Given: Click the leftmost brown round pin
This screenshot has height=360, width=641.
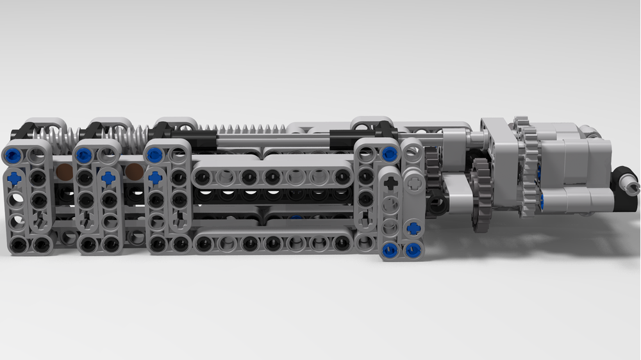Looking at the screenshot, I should tap(64, 171).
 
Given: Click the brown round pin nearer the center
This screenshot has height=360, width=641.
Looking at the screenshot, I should tap(133, 171).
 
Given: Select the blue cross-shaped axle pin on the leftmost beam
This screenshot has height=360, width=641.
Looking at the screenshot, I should tap(13, 179).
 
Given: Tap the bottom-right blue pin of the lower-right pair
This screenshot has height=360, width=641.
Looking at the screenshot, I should tap(413, 250).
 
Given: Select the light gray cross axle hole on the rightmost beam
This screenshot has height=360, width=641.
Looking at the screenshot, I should tap(413, 183).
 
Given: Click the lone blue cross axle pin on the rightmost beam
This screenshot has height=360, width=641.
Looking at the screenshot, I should tap(414, 227).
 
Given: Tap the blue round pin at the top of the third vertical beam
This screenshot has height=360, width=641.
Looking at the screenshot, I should tap(153, 154).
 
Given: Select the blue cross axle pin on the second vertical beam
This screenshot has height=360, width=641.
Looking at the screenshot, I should tap(108, 178).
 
